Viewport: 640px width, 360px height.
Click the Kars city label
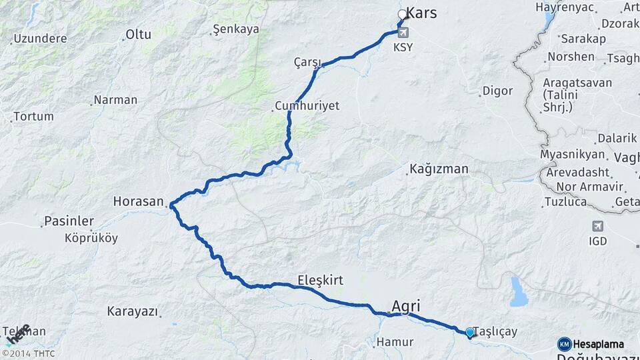pos(421,13)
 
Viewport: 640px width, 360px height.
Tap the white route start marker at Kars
pos(402,15)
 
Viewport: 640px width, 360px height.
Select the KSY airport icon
pos(403,32)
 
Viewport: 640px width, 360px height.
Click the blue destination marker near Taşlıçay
pos(469,332)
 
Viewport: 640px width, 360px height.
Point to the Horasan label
pos(138,201)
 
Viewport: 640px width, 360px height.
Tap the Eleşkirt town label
pos(321,281)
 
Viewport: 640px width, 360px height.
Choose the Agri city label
pos(406,305)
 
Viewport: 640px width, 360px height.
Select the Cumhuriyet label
pos(307,107)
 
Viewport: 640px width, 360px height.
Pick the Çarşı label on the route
pos(307,62)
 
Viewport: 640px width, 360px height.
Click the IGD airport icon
pos(597,227)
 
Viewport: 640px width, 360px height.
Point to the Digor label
pos(497,91)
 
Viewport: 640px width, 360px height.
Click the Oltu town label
pos(139,34)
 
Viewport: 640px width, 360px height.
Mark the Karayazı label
pos(131,311)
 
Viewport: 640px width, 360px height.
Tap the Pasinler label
pos(69,221)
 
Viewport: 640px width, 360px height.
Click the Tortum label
pos(33,117)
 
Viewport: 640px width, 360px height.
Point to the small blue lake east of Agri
pos(519,292)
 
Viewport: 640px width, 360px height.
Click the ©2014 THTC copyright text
pos(28,353)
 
